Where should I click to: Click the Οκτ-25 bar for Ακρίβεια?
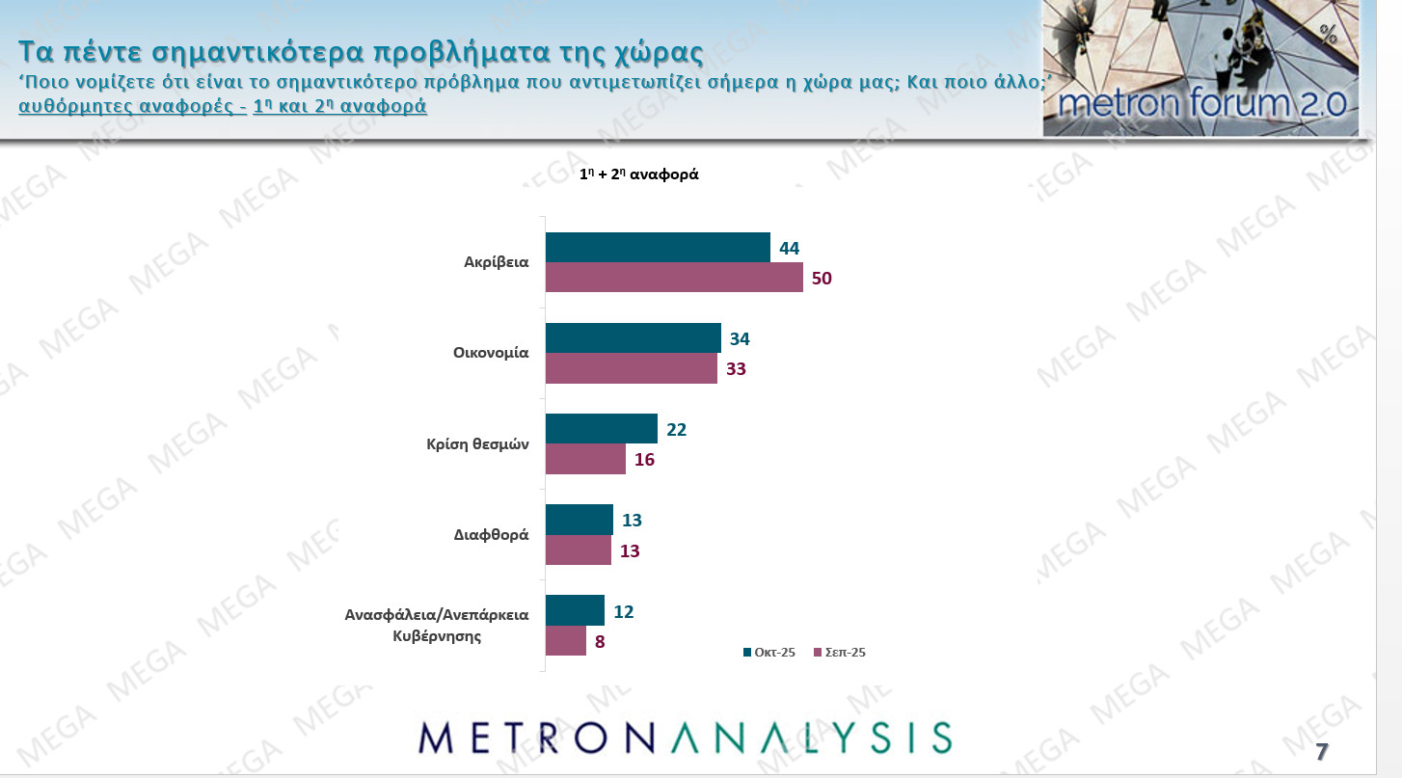[658, 248]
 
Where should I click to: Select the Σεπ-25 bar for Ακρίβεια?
[674, 278]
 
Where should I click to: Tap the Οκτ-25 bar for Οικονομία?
[633, 338]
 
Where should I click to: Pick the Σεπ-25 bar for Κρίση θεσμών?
[585, 460]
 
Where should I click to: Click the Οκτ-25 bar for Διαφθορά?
[579, 520]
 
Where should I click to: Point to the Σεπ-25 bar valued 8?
[566, 641]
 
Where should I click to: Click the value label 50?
[821, 279]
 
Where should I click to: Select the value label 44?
[789, 249]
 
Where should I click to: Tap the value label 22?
[676, 430]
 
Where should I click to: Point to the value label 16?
[644, 460]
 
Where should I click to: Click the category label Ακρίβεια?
[497, 262]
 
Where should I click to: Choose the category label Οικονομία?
[491, 353]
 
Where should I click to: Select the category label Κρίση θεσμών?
[478, 444]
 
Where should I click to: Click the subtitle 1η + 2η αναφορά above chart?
[638, 175]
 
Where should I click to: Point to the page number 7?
[1322, 752]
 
